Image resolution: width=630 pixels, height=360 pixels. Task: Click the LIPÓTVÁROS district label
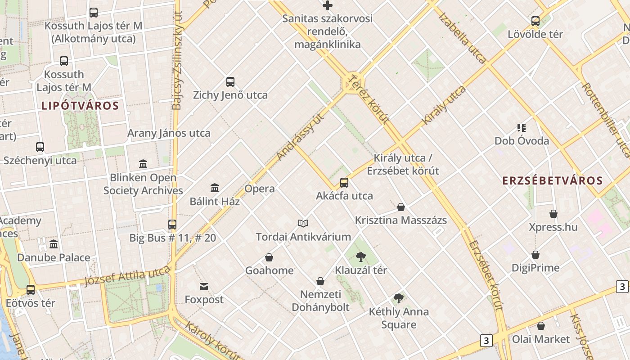click(80, 106)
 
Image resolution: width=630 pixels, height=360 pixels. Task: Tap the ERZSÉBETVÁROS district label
click(552, 181)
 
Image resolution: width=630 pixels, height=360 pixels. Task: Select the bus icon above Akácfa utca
click(344, 183)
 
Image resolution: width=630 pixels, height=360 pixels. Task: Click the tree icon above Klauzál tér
click(360, 257)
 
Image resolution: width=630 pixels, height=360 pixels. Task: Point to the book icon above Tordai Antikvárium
click(303, 223)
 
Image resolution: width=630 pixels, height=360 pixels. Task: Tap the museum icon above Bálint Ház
click(215, 188)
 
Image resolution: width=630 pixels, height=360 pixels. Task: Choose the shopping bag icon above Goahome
click(269, 257)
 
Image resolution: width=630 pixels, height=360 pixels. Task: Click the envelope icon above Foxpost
click(204, 286)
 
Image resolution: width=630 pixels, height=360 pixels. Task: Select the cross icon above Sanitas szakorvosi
click(328, 5)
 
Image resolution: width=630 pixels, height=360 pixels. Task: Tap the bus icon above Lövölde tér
click(535, 21)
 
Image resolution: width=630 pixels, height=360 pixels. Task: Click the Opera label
click(260, 189)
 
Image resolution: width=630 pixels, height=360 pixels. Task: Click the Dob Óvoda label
click(522, 141)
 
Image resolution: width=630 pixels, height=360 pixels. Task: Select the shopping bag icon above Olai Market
click(541, 326)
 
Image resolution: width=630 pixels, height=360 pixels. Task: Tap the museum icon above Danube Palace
click(54, 244)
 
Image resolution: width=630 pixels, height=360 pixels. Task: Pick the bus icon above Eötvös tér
click(31, 290)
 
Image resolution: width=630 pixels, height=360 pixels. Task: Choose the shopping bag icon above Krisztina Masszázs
click(401, 207)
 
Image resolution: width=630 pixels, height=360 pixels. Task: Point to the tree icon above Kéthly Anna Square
click(398, 298)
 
